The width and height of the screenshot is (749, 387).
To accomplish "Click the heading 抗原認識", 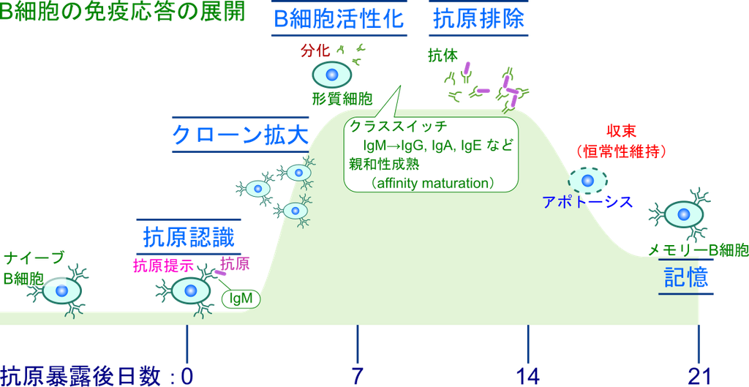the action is pyautogui.click(x=189, y=237).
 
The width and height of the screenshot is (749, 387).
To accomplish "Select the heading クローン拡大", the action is pyautogui.click(x=241, y=135).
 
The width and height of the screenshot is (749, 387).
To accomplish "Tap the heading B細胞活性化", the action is pyautogui.click(x=339, y=19).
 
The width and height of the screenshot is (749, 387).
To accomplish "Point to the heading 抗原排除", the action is pyautogui.click(x=478, y=19).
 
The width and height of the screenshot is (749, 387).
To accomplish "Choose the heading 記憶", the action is pyautogui.click(x=685, y=276).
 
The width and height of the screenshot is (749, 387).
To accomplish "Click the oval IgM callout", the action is pyautogui.click(x=241, y=298).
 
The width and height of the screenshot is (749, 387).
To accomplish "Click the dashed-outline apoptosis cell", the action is pyautogui.click(x=587, y=180).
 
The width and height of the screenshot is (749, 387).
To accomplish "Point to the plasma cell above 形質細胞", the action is pyautogui.click(x=332, y=75).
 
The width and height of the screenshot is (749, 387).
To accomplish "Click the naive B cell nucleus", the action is pyautogui.click(x=61, y=291).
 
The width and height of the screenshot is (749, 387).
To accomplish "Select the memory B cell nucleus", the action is pyautogui.click(x=685, y=214).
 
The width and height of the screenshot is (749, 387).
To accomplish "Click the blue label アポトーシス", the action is pyautogui.click(x=587, y=202).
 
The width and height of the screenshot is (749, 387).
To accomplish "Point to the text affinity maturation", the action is pyautogui.click(x=432, y=183).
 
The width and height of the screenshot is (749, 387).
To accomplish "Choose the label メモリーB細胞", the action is pyautogui.click(x=698, y=249).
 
